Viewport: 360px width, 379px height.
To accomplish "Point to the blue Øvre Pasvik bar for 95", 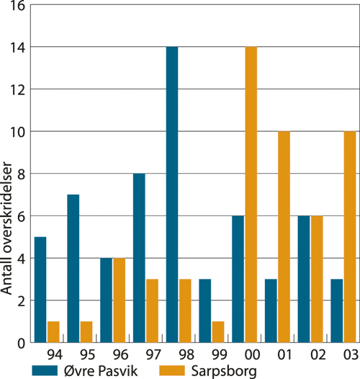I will pyautogui.click(x=74, y=269).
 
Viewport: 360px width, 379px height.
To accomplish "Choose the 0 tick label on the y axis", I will pyautogui.click(x=21, y=343).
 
